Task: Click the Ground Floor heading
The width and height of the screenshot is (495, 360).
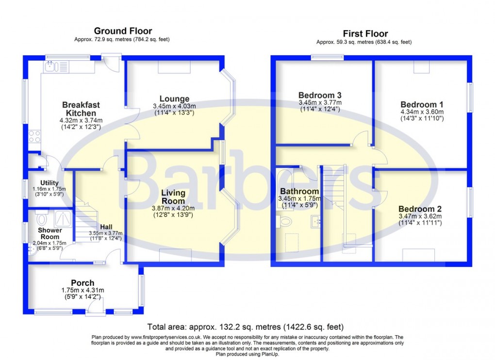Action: tap(123, 31)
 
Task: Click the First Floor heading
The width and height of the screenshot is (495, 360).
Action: tap(365, 33)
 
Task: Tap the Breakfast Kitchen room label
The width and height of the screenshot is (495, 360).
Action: tap(81, 109)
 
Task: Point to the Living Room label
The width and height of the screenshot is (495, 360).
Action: tap(173, 197)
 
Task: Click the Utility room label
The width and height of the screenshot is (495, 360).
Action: tap(49, 182)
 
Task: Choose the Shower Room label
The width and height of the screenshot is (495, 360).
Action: tap(50, 233)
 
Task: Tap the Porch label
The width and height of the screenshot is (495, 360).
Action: tap(82, 283)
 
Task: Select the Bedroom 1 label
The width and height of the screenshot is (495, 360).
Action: tap(421, 104)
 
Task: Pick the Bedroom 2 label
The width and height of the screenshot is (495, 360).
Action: tap(420, 209)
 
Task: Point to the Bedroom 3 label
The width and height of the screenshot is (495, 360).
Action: tap(319, 95)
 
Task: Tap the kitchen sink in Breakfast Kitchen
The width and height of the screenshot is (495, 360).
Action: tap(55, 66)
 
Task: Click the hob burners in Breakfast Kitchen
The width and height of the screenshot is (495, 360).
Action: tap(34, 136)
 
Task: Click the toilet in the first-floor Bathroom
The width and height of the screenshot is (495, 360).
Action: tap(285, 222)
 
